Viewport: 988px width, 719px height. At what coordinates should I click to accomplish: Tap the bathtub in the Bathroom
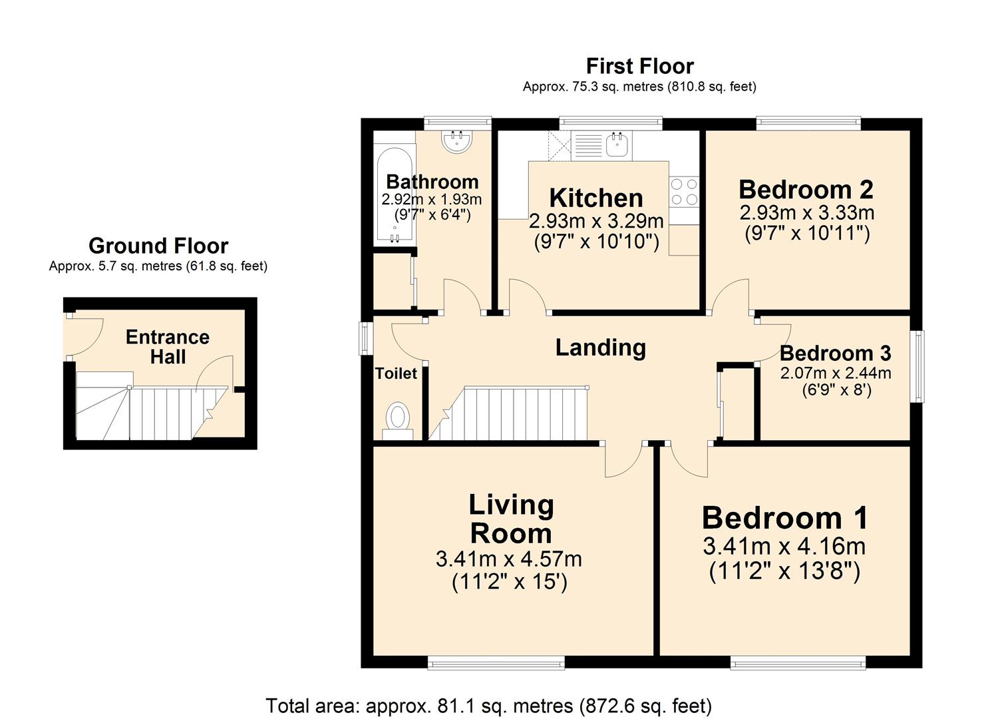395,195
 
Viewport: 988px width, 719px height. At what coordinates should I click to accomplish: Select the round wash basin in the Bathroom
456,142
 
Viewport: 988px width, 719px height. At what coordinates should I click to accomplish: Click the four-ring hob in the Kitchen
684,192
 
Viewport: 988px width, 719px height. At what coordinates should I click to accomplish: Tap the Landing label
600,348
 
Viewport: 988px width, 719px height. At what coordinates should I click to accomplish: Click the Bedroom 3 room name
836,353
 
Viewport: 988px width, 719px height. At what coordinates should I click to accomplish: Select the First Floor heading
639,67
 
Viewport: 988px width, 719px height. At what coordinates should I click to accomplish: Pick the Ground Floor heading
158,246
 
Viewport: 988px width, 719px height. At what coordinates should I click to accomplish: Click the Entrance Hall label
168,347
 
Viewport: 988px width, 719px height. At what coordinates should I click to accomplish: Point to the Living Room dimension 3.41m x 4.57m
509,559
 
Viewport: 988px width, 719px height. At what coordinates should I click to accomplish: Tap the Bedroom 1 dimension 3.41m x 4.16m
784,547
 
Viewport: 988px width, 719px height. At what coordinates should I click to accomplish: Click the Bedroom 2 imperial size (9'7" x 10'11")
807,234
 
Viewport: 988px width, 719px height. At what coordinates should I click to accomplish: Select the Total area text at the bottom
489,706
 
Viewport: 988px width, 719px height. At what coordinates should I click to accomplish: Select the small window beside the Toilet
366,339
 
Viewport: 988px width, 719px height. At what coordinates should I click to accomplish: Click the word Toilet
396,374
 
